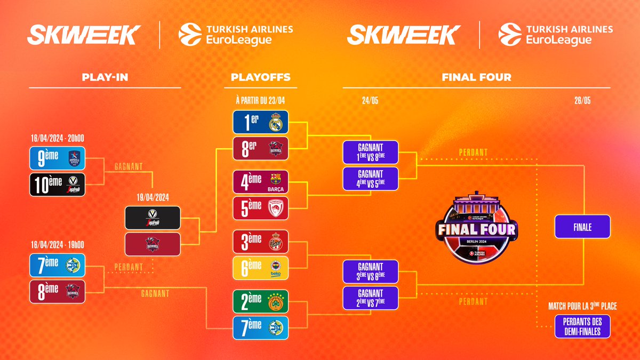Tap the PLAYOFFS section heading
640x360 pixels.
point(261,77)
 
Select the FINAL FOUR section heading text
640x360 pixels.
point(476,77)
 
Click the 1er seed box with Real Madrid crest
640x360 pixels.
point(261,122)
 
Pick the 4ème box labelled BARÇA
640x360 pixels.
point(261,181)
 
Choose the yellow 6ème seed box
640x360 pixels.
point(261,268)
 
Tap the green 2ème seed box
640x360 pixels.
point(261,301)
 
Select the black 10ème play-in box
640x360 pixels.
point(58,185)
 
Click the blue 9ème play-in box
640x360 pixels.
point(58,158)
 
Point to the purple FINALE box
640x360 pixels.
point(582,227)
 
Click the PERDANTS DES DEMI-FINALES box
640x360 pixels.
point(582,326)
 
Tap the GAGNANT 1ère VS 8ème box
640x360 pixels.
point(371,152)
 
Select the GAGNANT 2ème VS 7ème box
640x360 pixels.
point(371,298)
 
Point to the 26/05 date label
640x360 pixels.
point(582,100)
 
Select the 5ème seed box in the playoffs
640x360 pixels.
point(261,208)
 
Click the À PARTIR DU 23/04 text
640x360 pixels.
point(261,100)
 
